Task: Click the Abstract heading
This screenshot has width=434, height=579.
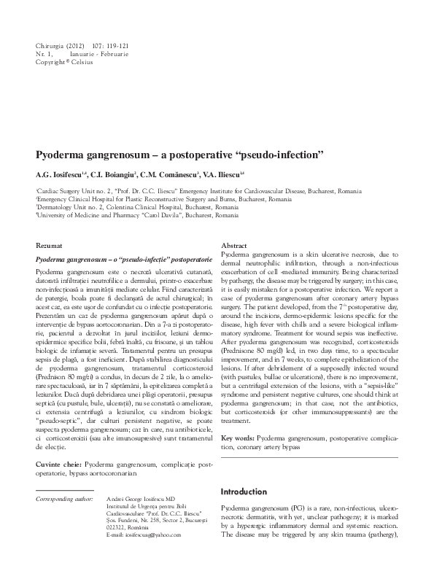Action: click(x=234, y=246)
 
